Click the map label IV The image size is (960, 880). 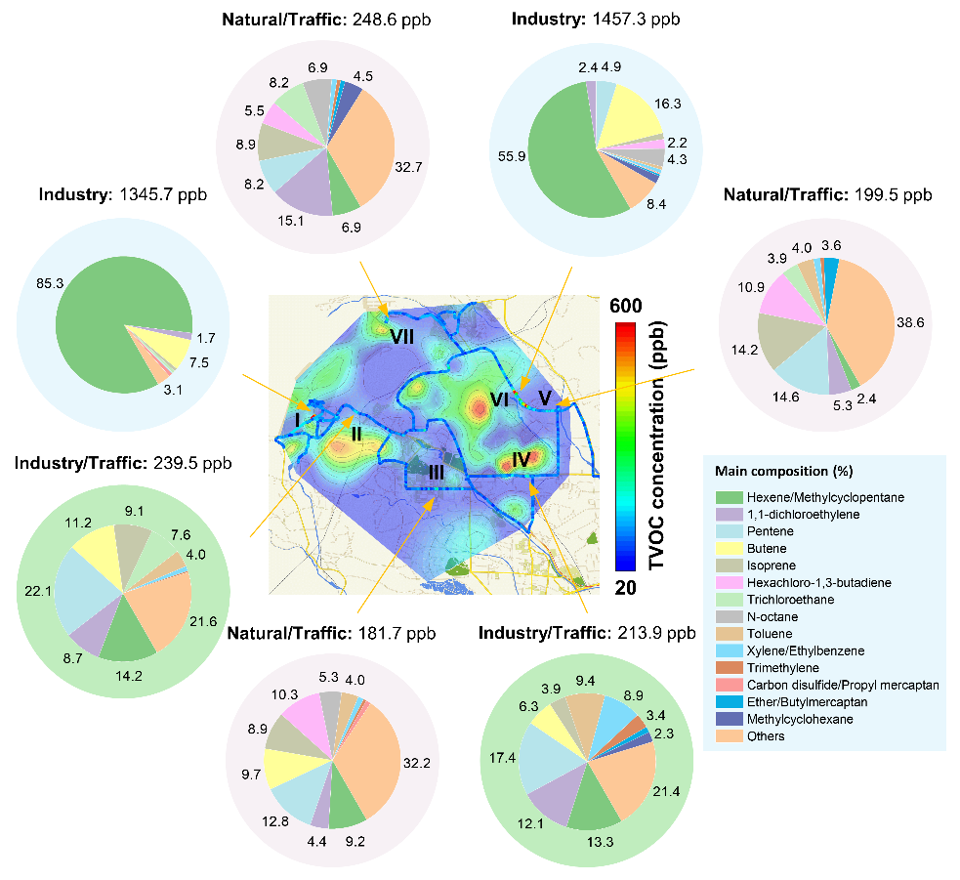[x=521, y=457]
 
